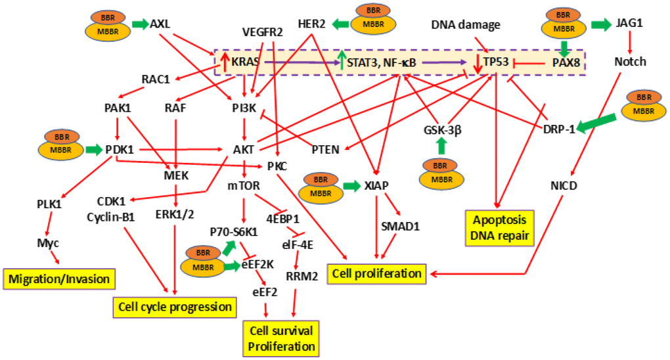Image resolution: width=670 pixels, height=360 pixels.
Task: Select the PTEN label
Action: point(324,150)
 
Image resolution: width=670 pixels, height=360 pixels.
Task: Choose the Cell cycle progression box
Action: point(174,306)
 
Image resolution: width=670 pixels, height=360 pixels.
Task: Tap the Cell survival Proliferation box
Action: point(280,337)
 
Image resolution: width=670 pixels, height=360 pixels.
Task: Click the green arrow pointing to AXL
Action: point(139,24)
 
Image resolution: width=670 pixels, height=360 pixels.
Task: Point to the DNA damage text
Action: point(466,25)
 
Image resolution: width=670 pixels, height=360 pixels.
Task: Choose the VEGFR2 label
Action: point(261,30)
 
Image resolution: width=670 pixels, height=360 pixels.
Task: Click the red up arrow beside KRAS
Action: point(224,61)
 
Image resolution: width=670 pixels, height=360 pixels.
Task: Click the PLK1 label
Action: point(47,204)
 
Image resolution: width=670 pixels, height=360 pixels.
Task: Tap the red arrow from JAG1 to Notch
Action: point(631,43)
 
